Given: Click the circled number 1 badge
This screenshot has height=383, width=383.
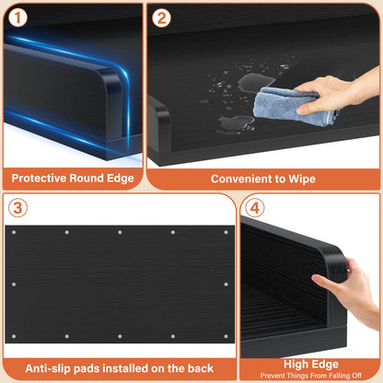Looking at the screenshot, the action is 17,17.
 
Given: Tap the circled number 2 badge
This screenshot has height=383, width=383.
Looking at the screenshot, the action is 161,17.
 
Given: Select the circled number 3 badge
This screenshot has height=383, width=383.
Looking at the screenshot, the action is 17,208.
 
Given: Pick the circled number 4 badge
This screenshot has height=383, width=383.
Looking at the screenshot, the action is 255,208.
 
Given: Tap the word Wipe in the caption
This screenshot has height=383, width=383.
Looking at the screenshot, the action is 302,179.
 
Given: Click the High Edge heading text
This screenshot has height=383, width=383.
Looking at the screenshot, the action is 311,365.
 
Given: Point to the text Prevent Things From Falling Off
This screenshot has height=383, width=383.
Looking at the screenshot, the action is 310,376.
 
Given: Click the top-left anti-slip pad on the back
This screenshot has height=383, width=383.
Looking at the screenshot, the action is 14,232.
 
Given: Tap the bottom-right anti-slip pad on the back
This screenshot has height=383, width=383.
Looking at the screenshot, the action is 226,336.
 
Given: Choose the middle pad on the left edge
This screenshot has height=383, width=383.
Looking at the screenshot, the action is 14,284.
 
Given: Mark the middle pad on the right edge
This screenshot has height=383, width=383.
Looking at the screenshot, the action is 226,284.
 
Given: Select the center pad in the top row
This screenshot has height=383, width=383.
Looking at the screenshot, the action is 120,232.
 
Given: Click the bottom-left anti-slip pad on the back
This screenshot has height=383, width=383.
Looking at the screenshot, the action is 14,336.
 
